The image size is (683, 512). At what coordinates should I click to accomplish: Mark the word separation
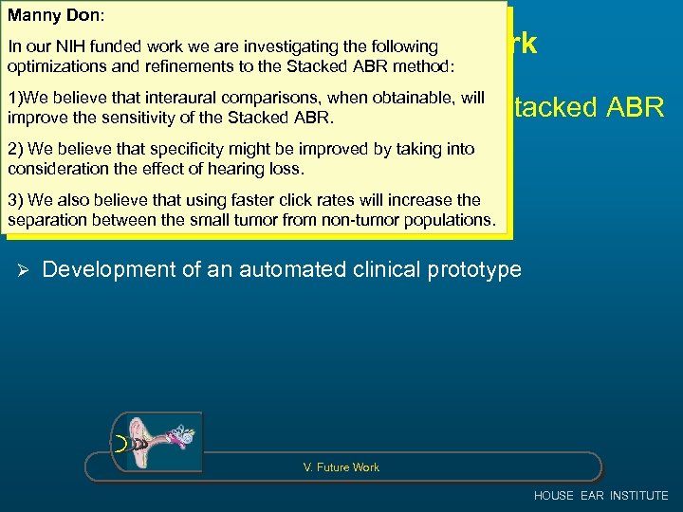[44, 220]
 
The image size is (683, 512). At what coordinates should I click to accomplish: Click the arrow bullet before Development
[24, 270]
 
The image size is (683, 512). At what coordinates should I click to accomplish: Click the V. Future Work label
[341, 467]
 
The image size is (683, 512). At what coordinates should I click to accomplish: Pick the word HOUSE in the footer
[554, 495]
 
